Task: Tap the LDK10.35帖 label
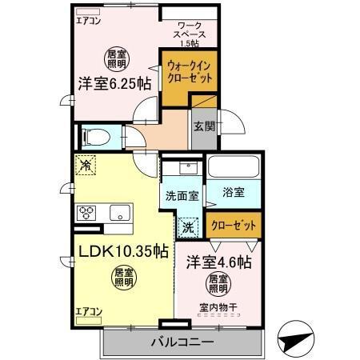(122, 250)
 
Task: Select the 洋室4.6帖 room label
(221, 262)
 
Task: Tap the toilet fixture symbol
(94, 136)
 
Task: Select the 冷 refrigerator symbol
(86, 166)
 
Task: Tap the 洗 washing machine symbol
(188, 226)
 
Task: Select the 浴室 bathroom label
(234, 194)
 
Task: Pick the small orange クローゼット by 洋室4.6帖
(234, 226)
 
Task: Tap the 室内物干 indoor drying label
(219, 306)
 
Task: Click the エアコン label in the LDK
(88, 310)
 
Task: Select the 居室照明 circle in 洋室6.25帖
(117, 58)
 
